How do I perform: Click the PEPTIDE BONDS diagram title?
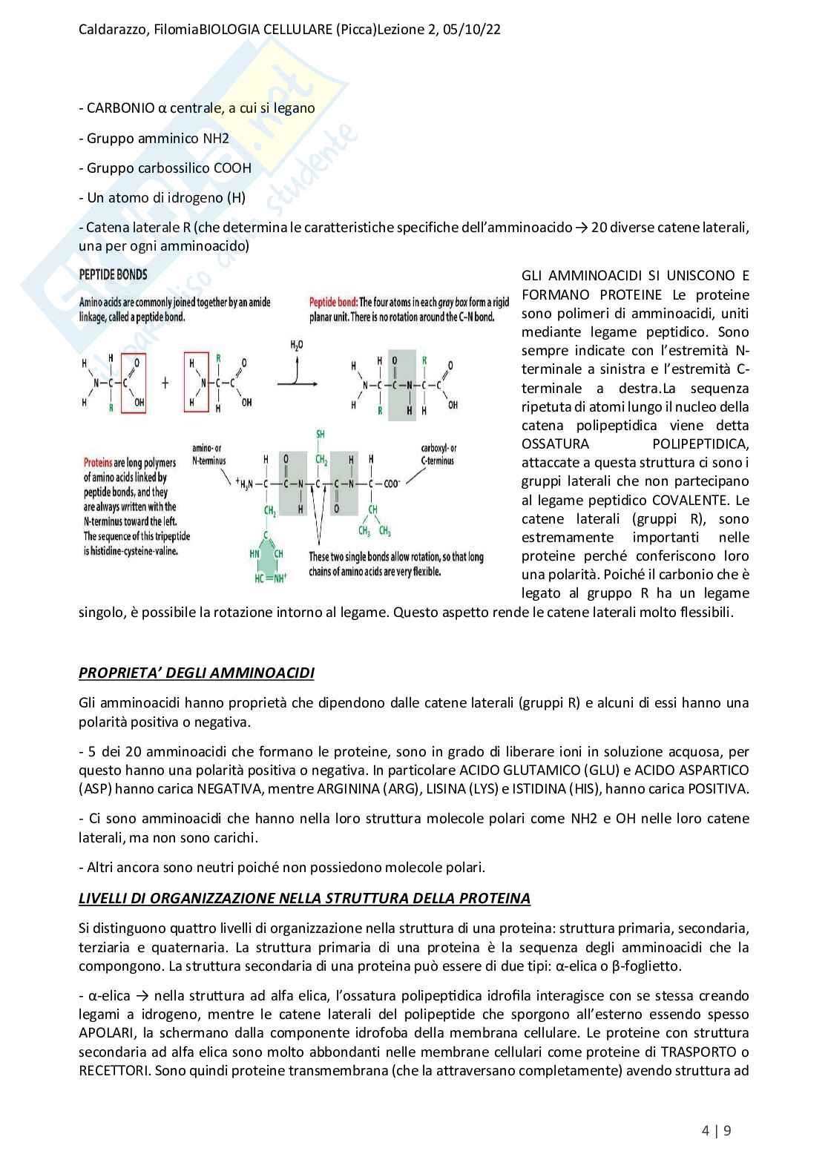point(113,274)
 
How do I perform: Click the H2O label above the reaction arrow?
point(296,346)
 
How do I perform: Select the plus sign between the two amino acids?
point(165,383)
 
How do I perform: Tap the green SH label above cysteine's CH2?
point(321,434)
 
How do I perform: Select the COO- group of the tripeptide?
point(391,484)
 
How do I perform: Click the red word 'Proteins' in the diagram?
point(98,463)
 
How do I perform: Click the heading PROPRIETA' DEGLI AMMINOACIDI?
point(196,673)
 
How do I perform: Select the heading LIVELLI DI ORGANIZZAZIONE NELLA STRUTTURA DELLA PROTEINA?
point(304,899)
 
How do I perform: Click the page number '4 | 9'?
point(716,1131)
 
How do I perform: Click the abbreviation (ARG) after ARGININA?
point(402,789)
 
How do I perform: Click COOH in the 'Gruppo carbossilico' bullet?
point(232,168)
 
